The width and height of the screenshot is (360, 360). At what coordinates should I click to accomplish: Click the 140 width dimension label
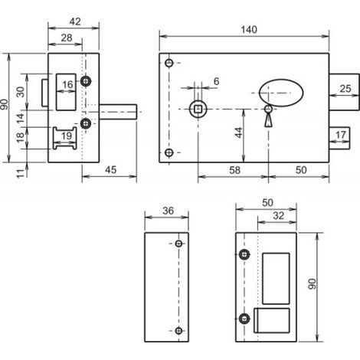249,30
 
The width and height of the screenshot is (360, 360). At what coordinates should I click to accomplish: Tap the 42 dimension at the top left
75,21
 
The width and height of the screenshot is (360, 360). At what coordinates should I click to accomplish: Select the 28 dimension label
67,38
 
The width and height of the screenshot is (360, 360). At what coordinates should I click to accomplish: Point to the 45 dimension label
111,170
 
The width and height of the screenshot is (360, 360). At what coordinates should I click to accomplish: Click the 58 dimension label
234,170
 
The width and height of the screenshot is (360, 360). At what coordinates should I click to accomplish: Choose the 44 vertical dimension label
239,133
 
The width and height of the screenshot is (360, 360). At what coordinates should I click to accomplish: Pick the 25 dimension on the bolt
345,89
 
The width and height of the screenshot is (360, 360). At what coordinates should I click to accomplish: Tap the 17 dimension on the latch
340,135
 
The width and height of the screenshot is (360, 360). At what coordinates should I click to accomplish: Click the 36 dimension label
168,211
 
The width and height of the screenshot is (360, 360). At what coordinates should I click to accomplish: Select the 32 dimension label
279,216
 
